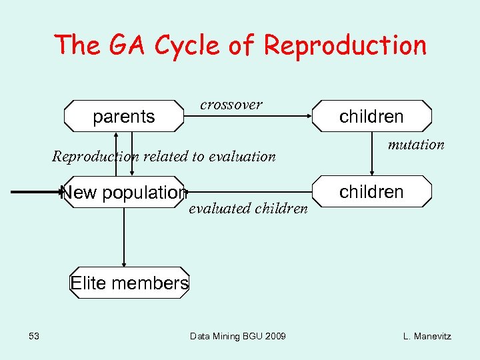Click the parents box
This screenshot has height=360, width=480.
tap(124, 117)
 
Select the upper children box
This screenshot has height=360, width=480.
tap(371, 117)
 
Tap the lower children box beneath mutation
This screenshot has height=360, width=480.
tap(371, 192)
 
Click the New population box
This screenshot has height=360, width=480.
tap(123, 193)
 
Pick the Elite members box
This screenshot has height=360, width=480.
tap(129, 283)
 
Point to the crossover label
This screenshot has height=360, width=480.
tap(231, 105)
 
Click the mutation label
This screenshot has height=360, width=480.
tap(416, 145)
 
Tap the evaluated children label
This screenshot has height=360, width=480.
tap(249, 209)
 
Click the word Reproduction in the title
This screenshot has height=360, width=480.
tap(345, 45)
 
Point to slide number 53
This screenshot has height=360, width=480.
tap(35, 336)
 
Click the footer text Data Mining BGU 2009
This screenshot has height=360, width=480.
tap(238, 336)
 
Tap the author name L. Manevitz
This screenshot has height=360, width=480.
tap(427, 336)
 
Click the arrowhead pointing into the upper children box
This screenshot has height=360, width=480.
tap(309, 116)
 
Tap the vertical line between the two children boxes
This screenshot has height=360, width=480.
tap(371, 153)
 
